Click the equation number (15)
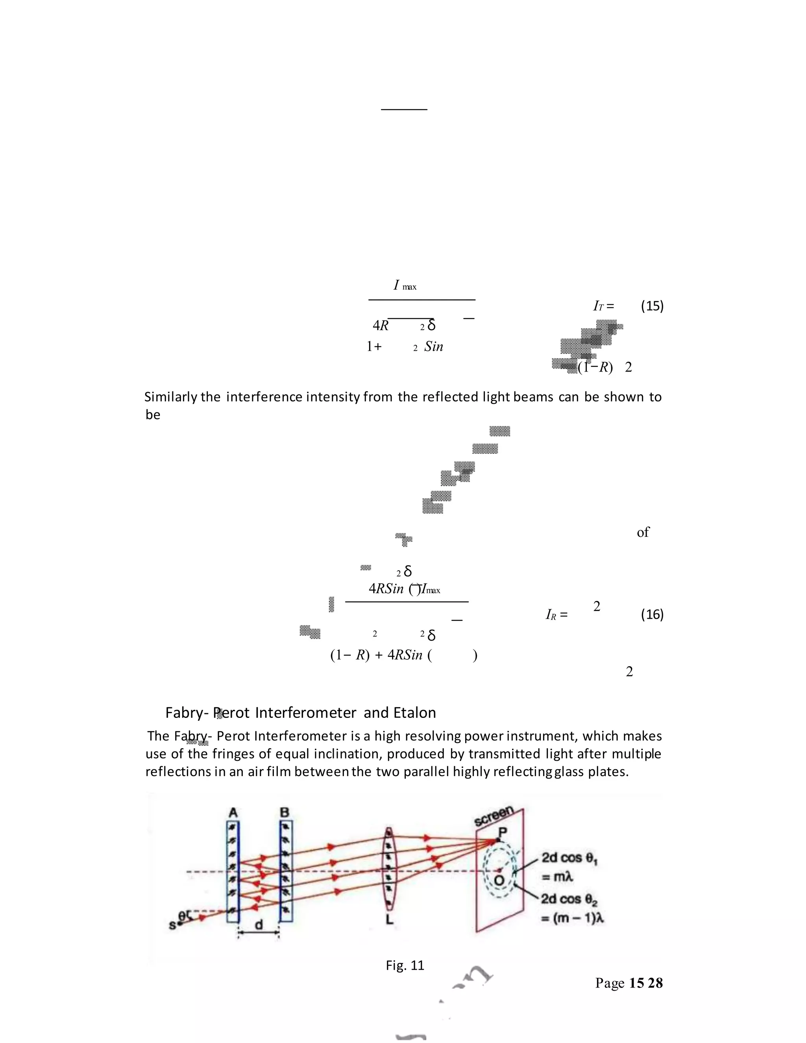click(652, 306)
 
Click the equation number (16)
click(652, 615)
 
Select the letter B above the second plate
click(285, 813)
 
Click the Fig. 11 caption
click(405, 965)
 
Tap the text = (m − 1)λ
click(573, 918)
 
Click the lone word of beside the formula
click(643, 532)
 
